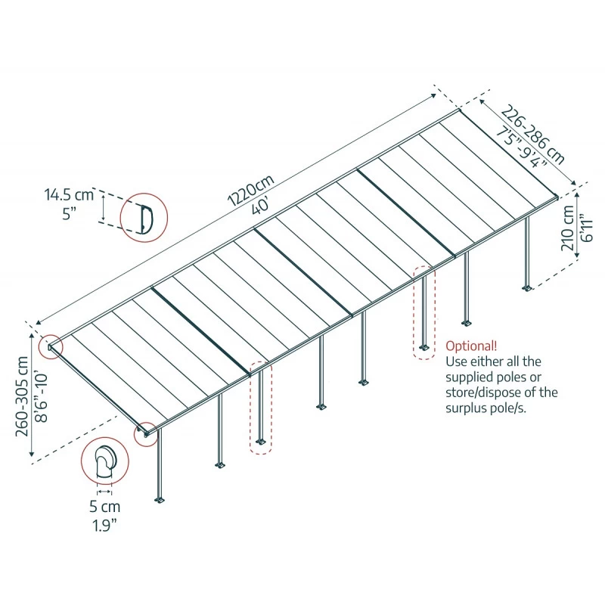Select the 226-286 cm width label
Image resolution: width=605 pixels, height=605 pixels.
click(534, 136)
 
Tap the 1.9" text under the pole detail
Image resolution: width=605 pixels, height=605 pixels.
click(106, 523)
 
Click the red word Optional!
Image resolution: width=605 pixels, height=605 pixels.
click(471, 346)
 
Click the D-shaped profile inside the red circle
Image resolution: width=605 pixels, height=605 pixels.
click(146, 217)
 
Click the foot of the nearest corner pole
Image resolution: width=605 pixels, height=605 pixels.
click(160, 500)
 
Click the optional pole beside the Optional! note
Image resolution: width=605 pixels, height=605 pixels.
click(424, 312)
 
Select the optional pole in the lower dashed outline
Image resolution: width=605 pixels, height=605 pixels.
click(259, 408)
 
